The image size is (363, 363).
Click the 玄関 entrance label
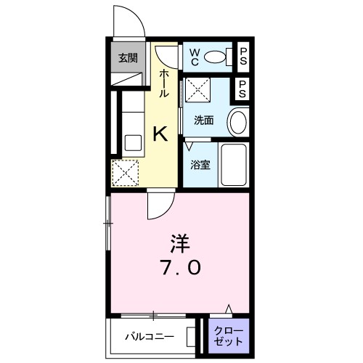pos(128,58)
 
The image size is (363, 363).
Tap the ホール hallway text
pos(164,84)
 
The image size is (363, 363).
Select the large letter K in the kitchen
pos(160,133)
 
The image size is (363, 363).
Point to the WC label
pos(195,55)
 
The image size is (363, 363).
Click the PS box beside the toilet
pos(244,56)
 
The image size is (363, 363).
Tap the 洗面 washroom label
pos(204,121)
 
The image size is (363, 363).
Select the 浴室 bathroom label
pos(200,165)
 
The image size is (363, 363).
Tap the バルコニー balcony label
pos(147,337)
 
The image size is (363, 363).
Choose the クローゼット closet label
pos(228,335)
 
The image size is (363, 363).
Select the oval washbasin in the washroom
pos(237,123)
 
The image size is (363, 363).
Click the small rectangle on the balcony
pos(191,337)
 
